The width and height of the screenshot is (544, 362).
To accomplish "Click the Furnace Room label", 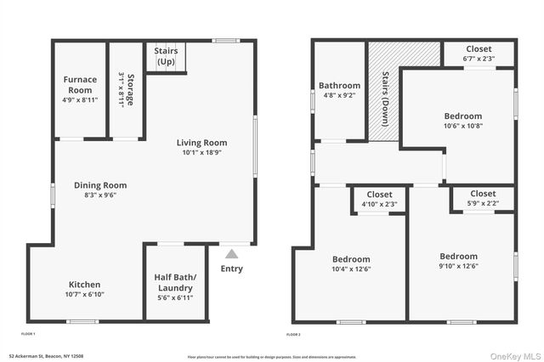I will click(81, 85).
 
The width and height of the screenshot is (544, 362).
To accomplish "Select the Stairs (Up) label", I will click(166, 57).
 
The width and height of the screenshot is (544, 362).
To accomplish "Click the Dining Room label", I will click(100, 185).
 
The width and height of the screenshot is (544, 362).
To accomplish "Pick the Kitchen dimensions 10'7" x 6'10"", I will click(84, 295).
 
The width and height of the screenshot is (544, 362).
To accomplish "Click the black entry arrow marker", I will click(231, 252).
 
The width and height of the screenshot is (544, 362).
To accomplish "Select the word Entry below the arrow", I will click(231, 269).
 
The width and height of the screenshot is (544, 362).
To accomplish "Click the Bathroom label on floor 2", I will click(339, 86).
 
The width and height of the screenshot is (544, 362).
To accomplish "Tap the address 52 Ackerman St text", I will click(47, 356).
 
